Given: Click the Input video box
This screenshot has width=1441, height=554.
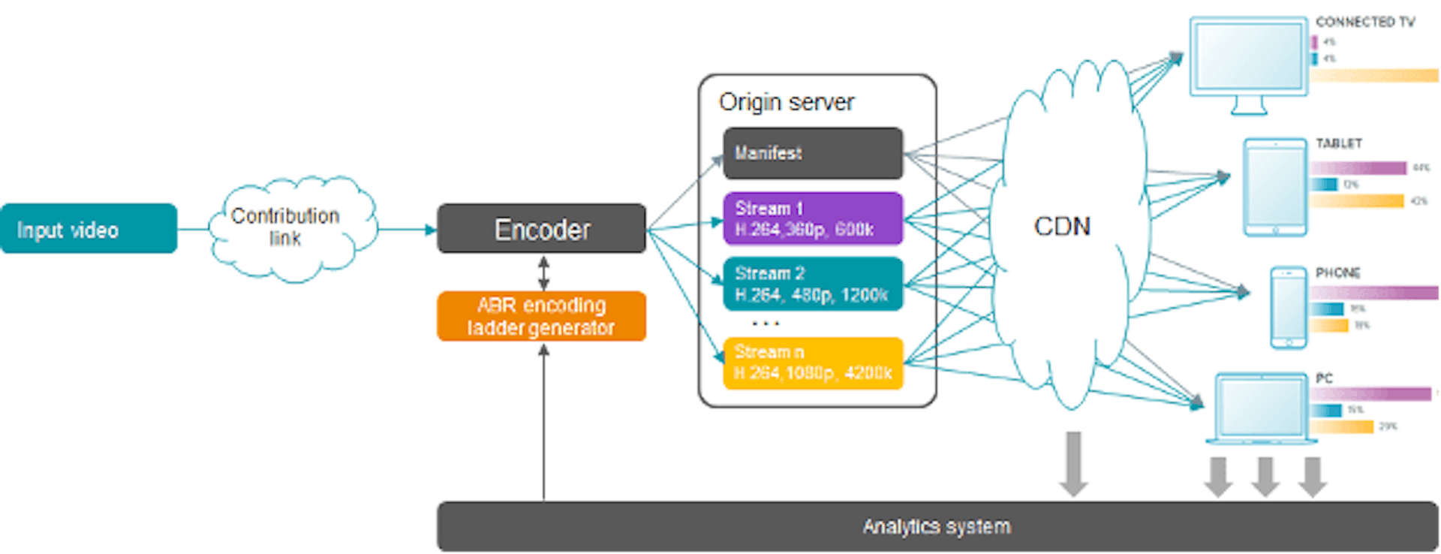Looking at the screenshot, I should pyautogui.click(x=89, y=229).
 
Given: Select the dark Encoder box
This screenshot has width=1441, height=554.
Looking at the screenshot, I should pyautogui.click(x=541, y=229).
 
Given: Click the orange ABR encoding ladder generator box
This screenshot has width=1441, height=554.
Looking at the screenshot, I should pyautogui.click(x=541, y=316).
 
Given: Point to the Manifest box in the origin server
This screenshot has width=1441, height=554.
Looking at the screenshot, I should pyautogui.click(x=813, y=153).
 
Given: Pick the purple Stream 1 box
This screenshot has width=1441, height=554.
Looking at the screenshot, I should pyautogui.click(x=813, y=218).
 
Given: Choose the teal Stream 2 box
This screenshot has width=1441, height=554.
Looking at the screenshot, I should pyautogui.click(x=813, y=284).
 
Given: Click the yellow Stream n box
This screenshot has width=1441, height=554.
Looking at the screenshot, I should pyautogui.click(x=813, y=363).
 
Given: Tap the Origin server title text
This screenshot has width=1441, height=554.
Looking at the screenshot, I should pyautogui.click(x=786, y=102).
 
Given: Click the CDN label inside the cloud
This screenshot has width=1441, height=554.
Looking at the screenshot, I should pyautogui.click(x=1062, y=226).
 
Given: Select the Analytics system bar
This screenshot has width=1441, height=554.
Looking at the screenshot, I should pyautogui.click(x=936, y=526).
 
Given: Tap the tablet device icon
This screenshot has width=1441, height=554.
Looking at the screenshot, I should pyautogui.click(x=1274, y=187).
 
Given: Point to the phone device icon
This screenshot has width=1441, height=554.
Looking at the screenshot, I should pyautogui.click(x=1288, y=307).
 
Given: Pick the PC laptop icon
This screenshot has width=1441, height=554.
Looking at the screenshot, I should pyautogui.click(x=1261, y=408).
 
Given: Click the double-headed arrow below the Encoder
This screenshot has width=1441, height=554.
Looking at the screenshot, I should pyautogui.click(x=543, y=273).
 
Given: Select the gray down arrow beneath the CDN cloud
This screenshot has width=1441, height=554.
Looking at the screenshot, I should pyautogui.click(x=1073, y=463).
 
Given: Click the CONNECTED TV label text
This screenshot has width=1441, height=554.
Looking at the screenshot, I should pyautogui.click(x=1364, y=23).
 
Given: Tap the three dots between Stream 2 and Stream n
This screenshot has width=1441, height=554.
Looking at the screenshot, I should pyautogui.click(x=766, y=324).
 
